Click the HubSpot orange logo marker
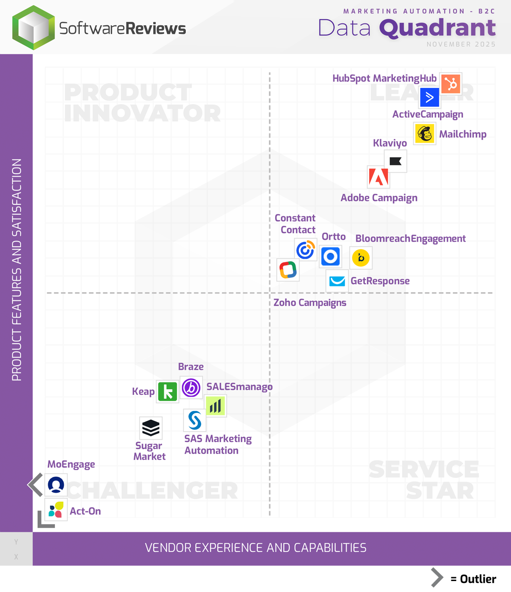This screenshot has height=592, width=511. coord(450,84)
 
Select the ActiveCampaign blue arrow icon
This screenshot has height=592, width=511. coord(429,97)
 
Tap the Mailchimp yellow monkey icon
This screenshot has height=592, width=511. coord(425,133)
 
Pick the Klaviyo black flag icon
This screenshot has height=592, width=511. coord(395,161)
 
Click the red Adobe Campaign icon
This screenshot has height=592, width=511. coord(379,178)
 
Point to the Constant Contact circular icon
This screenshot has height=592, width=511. coord(306,250)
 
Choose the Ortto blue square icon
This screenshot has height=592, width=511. coord(330,257)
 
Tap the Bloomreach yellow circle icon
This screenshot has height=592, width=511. coord(361,258)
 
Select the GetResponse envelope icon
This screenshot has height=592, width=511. coord(337,281)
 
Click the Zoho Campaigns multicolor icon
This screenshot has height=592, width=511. coord(288,270)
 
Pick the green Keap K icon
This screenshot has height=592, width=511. coord(168,391)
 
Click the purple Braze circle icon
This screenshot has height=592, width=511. coord(191,388)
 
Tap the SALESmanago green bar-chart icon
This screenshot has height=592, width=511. coord(215,406)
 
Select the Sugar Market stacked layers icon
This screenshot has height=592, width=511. coord(151,428)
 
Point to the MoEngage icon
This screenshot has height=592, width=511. coord(56,485)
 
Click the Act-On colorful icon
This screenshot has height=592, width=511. coord(56,510)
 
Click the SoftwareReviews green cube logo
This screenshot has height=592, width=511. coord(33,28)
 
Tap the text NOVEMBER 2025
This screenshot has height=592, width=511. coord(461,44)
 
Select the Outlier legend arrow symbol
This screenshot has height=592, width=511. coord(436,578)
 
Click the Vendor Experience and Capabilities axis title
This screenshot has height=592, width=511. coord(255,548)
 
